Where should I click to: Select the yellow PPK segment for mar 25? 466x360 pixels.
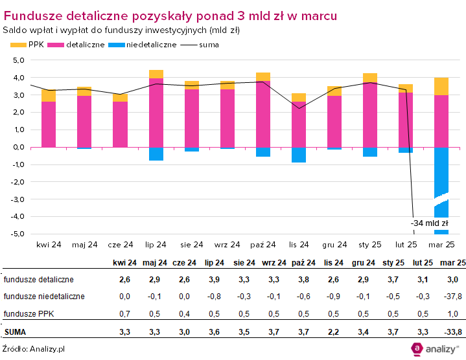pyautogui.click(x=441, y=86)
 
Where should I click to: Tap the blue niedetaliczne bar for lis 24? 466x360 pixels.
pyautogui.click(x=299, y=155)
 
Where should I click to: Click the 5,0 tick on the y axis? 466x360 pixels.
pyautogui.click(x=18, y=60)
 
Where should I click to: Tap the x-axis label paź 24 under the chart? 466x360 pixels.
pyautogui.click(x=263, y=245)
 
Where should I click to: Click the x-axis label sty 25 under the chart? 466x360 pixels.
pyautogui.click(x=370, y=245)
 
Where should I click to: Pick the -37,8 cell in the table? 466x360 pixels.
pyautogui.click(x=452, y=297)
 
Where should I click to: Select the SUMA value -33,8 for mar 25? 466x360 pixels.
pyautogui.click(x=452, y=333)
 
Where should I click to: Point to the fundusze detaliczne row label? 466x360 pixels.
pyautogui.click(x=38, y=280)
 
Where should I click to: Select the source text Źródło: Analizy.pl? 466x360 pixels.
pyautogui.click(x=34, y=349)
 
